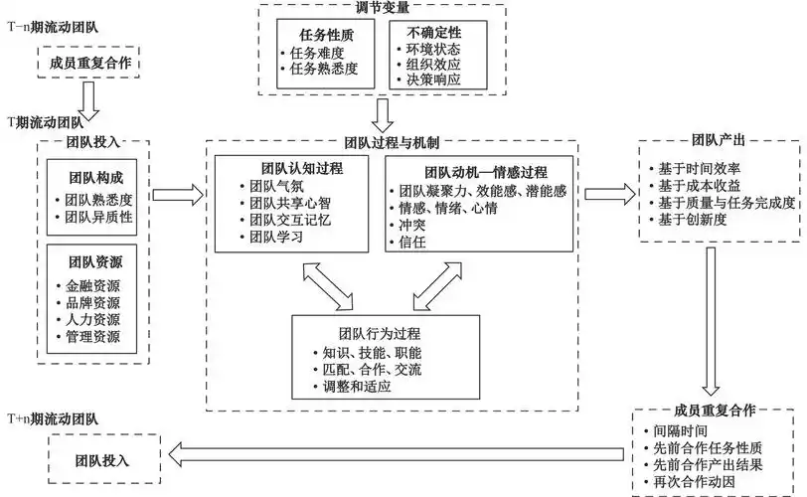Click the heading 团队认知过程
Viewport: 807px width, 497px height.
294,168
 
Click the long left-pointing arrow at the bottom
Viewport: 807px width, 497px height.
398,455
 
